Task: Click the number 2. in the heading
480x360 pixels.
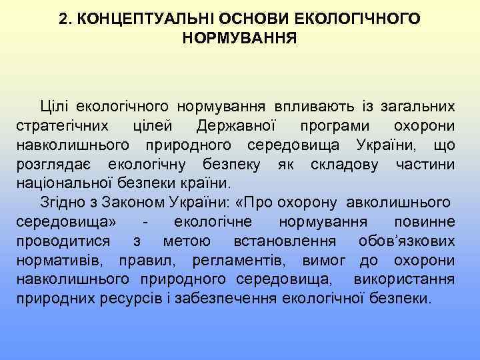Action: [65, 19]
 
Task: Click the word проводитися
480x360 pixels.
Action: [60, 240]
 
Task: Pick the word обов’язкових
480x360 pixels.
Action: [407, 240]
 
